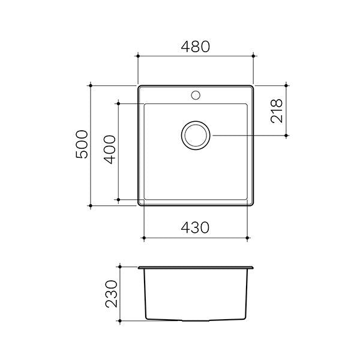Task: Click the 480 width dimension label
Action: [x=196, y=46]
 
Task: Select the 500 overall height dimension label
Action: [x=82, y=145]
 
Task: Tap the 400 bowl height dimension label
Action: [x=109, y=151]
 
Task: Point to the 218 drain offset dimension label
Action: [x=277, y=110]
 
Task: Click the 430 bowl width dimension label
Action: [x=196, y=228]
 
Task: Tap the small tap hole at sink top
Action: [x=196, y=94]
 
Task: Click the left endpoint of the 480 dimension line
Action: [x=139, y=56]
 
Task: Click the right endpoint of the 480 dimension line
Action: [x=253, y=56]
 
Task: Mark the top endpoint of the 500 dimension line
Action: [x=91, y=85]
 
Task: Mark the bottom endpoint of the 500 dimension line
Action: [x=91, y=206]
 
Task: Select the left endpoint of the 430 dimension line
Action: [x=145, y=238]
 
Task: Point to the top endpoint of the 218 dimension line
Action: [x=286, y=85]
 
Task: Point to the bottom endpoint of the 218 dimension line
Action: [x=286, y=136]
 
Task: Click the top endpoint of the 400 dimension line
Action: [x=118, y=103]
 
